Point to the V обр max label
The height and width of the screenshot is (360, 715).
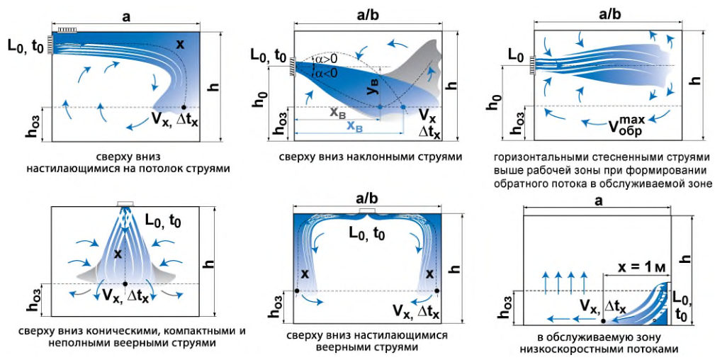point(625,125)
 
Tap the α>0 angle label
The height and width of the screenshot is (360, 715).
point(325,60)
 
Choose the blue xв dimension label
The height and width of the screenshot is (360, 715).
point(355,126)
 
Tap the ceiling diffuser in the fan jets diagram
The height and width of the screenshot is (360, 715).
point(367,210)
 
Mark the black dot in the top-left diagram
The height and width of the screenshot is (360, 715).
point(184,107)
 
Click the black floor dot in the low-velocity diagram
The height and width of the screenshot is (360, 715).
point(604,321)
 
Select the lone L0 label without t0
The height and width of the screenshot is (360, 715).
point(515,57)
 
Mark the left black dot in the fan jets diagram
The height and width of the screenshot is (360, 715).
point(297,291)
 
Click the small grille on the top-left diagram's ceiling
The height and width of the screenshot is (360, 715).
point(67,30)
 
